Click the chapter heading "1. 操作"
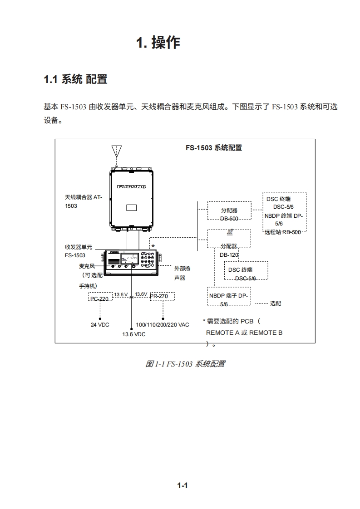158,43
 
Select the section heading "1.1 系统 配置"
75,79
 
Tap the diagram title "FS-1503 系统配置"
213,148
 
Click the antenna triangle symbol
117,151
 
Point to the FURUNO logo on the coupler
132,187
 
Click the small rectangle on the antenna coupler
132,208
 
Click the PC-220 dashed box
99,297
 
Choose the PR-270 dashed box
162,297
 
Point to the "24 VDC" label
100,325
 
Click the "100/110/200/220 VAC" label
163,325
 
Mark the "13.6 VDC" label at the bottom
133,334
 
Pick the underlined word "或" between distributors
230,232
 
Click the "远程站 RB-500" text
283,232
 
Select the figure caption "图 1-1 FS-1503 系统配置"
185,364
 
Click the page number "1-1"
182,486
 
